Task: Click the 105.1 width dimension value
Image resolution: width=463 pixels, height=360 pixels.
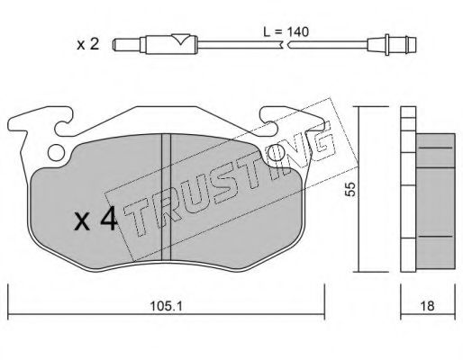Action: tap(166, 306)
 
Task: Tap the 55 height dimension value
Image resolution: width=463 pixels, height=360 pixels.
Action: tap(350, 189)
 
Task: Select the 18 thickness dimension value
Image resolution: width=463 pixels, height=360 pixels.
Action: tap(428, 306)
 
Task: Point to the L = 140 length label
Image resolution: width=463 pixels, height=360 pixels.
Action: tap(286, 31)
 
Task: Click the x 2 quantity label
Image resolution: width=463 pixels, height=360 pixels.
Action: tap(87, 45)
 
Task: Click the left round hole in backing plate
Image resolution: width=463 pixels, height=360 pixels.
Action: tap(57, 153)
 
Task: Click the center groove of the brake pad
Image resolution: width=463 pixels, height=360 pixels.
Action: tap(166, 196)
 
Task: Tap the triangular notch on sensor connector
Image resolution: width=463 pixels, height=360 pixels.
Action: tap(181, 39)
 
